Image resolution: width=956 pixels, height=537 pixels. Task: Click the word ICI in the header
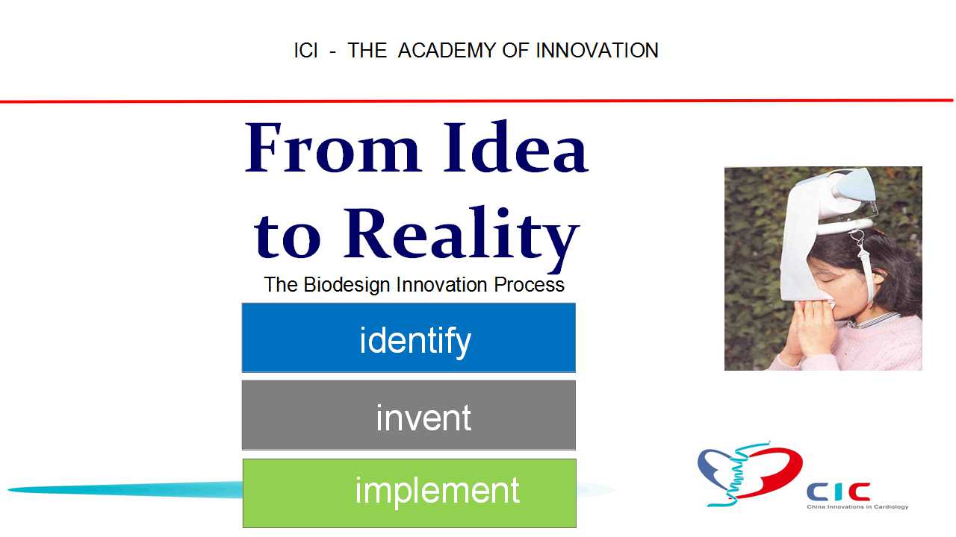point(305,50)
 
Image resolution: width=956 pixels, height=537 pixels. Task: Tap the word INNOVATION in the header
point(597,50)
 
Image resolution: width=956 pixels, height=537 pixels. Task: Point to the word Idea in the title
point(516,147)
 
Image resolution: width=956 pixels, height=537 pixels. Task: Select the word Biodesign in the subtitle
point(347,285)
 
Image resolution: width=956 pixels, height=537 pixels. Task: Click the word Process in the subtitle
point(529,285)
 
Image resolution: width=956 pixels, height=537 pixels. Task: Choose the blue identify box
point(409,338)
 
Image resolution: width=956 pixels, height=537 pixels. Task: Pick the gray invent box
point(409,415)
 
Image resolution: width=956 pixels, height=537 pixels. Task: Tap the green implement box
point(409,493)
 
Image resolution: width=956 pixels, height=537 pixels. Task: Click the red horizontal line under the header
point(477,101)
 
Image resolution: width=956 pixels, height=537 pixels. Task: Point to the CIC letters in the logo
point(838,492)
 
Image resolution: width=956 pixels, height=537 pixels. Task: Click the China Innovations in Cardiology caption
point(857,506)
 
